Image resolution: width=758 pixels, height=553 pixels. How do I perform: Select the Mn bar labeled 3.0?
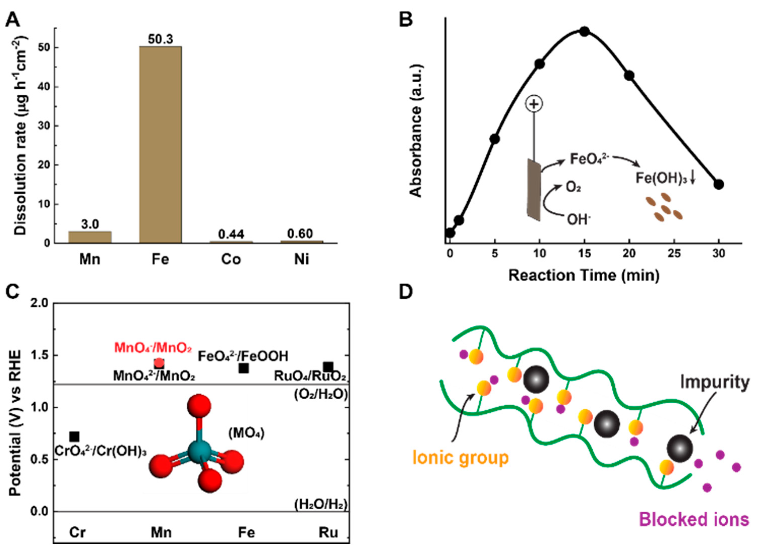[90, 237]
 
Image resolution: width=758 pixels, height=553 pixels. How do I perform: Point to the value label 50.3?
[160, 39]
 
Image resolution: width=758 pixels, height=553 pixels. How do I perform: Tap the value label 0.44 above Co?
[231, 234]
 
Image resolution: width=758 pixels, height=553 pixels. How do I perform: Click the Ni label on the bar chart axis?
[301, 259]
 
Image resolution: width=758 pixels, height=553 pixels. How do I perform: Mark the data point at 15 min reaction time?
[584, 32]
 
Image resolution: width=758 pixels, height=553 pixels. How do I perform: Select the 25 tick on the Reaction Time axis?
[674, 253]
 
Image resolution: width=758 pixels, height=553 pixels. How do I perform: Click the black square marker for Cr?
[74, 437]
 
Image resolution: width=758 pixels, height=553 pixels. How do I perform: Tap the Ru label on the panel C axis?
[328, 532]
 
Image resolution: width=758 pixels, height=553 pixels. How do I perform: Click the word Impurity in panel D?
[715, 382]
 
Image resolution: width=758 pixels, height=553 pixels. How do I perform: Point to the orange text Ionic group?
[461, 458]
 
